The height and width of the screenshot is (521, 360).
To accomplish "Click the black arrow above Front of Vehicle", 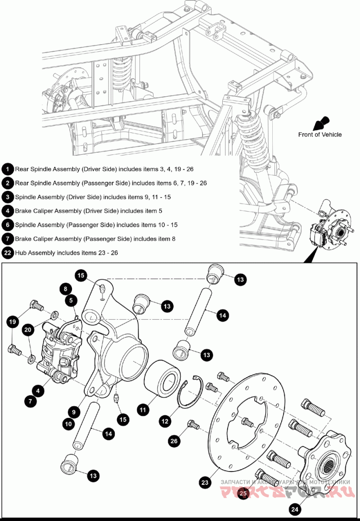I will [323, 123].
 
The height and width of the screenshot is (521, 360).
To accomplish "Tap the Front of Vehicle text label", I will [319, 134].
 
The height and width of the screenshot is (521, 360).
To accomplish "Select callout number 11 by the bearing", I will [143, 409].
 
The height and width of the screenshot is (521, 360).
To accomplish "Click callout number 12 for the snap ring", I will [165, 421].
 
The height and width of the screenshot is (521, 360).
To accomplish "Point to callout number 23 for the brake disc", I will [205, 482].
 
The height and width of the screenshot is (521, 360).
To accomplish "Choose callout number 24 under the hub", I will [294, 509].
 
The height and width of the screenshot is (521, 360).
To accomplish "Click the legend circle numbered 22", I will [7, 252].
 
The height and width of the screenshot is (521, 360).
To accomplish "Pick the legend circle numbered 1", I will [7, 169].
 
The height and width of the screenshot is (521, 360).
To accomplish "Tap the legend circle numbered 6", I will [7, 224].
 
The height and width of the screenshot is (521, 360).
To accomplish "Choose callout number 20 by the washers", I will [28, 330].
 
